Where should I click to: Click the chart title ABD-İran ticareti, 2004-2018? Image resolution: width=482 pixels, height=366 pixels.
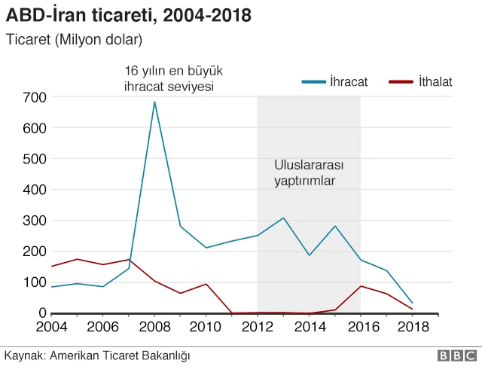(129, 15)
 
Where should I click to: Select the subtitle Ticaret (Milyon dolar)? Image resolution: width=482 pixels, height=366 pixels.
(73, 38)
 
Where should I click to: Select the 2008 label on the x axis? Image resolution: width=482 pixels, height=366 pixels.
(154, 327)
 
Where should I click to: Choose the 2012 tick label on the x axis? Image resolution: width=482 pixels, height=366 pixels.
(258, 327)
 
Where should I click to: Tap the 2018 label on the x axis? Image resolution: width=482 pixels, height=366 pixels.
(411, 327)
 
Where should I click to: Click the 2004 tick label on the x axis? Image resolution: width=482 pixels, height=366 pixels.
(52, 327)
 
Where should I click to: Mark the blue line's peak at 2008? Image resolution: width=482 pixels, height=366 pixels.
(154, 102)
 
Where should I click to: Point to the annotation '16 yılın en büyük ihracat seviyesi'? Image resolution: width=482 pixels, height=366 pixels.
(173, 78)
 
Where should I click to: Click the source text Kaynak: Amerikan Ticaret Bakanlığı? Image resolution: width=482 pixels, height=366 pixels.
(97, 355)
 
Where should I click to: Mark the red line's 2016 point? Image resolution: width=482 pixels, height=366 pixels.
(360, 286)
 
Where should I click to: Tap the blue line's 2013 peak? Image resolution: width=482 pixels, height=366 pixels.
(283, 218)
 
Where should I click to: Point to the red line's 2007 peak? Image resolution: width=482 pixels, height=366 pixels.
(129, 260)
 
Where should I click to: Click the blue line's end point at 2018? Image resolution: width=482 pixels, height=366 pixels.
(411, 303)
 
